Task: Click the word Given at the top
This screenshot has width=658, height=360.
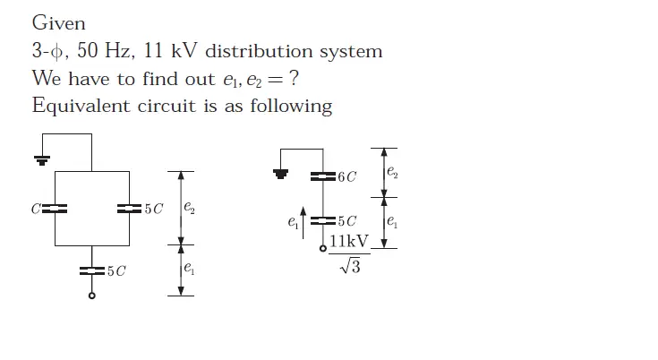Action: (58, 22)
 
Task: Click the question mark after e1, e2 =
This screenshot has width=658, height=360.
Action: (294, 79)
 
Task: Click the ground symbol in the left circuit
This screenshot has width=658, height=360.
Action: (41, 159)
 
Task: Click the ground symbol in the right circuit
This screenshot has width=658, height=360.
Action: (281, 173)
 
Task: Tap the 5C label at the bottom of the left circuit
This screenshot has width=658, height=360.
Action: (115, 271)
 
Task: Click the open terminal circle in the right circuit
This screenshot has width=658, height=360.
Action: (322, 248)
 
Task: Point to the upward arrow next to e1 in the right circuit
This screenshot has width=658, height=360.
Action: (304, 223)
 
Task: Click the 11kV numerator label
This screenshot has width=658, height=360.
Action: (349, 242)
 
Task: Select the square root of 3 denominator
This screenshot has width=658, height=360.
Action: (349, 267)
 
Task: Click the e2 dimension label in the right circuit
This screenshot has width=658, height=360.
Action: (391, 171)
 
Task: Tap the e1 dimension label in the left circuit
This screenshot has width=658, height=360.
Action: (187, 267)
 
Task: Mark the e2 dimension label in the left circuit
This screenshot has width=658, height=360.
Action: (188, 208)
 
